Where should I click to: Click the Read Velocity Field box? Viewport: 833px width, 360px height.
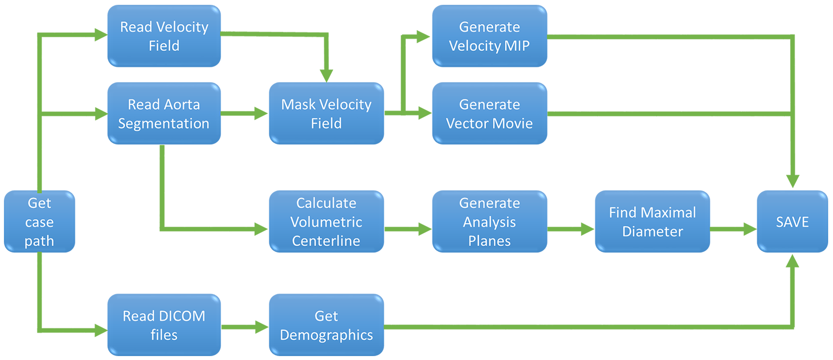tap(164, 36)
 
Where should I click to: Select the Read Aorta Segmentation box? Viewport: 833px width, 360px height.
tap(164, 114)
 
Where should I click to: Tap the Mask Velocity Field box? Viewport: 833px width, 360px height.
tap(326, 114)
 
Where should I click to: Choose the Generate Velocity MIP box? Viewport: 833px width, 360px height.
tap(489, 36)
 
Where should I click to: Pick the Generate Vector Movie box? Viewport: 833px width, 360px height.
tap(489, 114)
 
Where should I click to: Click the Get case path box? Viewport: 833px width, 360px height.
tap(39, 221)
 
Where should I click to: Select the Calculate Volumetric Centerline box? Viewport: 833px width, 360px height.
tap(326, 221)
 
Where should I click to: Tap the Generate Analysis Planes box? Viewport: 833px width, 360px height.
tap(489, 221)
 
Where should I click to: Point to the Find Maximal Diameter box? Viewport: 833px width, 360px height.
tap(652, 221)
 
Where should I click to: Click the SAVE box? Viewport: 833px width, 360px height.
tap(792, 221)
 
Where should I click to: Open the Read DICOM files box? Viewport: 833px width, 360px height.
tap(164, 325)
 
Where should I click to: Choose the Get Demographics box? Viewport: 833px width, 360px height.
tap(326, 325)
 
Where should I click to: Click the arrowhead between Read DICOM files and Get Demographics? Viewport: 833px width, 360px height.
tap(262, 327)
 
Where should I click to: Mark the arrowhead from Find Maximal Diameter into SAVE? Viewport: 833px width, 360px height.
tap(750, 228)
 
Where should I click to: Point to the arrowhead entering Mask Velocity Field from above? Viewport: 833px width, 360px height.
tap(326, 75)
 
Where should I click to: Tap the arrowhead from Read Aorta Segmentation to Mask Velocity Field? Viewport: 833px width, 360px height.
tap(261, 114)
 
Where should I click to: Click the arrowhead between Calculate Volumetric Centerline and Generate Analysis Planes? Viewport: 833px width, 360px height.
tap(425, 228)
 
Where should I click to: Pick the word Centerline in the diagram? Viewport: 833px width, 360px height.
tap(326, 241)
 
